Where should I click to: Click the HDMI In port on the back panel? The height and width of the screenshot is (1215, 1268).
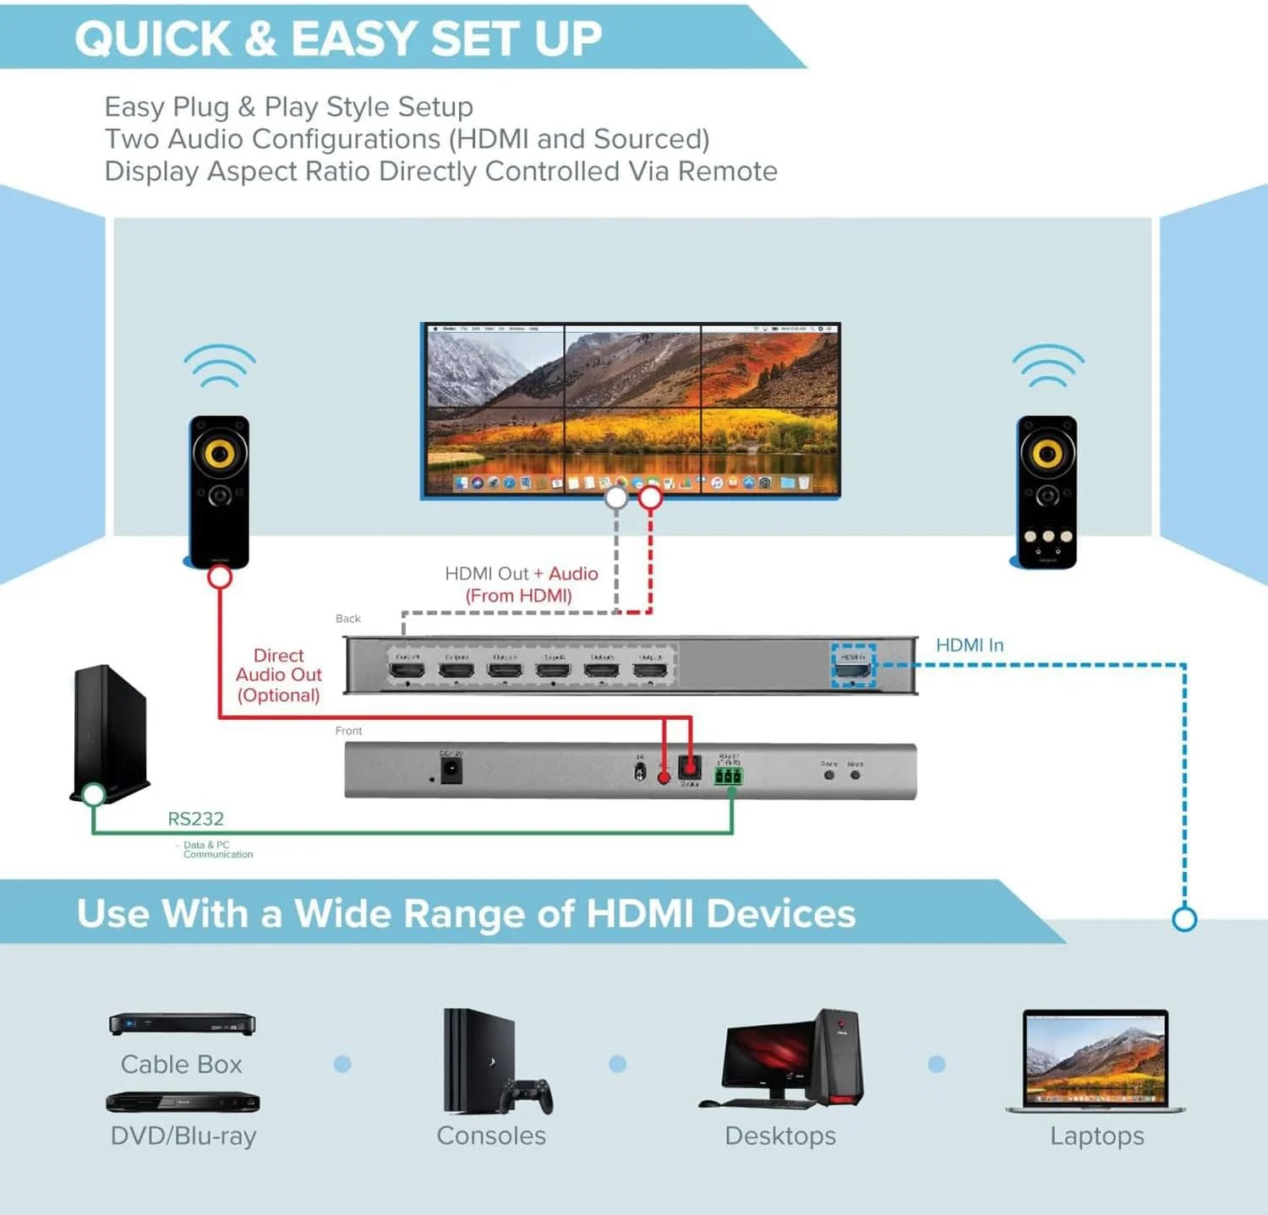pyautogui.click(x=852, y=671)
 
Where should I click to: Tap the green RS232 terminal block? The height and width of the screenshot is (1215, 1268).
pyautogui.click(x=728, y=776)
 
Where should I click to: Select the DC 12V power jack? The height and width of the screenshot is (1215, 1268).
pyautogui.click(x=451, y=770)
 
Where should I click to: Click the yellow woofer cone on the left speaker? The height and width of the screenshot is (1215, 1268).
pyautogui.click(x=219, y=453)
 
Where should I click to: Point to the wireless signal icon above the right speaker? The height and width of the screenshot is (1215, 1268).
pyautogui.click(x=1048, y=365)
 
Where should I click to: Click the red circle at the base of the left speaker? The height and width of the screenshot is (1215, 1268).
pyautogui.click(x=220, y=577)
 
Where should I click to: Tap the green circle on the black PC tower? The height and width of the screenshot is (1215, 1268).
pyautogui.click(x=93, y=794)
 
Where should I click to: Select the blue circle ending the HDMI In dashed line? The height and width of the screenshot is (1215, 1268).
pyautogui.click(x=1184, y=918)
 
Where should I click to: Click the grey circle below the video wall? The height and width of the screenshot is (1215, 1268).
pyautogui.click(x=616, y=498)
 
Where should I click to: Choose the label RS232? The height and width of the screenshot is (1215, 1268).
pyautogui.click(x=195, y=819)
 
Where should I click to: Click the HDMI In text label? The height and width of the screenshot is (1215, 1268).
pyautogui.click(x=970, y=646)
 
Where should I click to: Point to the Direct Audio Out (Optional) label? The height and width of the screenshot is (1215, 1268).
pyautogui.click(x=278, y=675)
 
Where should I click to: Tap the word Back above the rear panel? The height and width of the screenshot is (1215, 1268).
pyautogui.click(x=347, y=618)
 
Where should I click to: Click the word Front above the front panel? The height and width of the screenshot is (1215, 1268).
pyautogui.click(x=348, y=731)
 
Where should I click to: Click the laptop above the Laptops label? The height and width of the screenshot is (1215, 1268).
pyautogui.click(x=1096, y=1060)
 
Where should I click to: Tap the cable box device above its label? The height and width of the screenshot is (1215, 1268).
pyautogui.click(x=182, y=1024)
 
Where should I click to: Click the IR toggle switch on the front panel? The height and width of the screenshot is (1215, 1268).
pyautogui.click(x=640, y=771)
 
